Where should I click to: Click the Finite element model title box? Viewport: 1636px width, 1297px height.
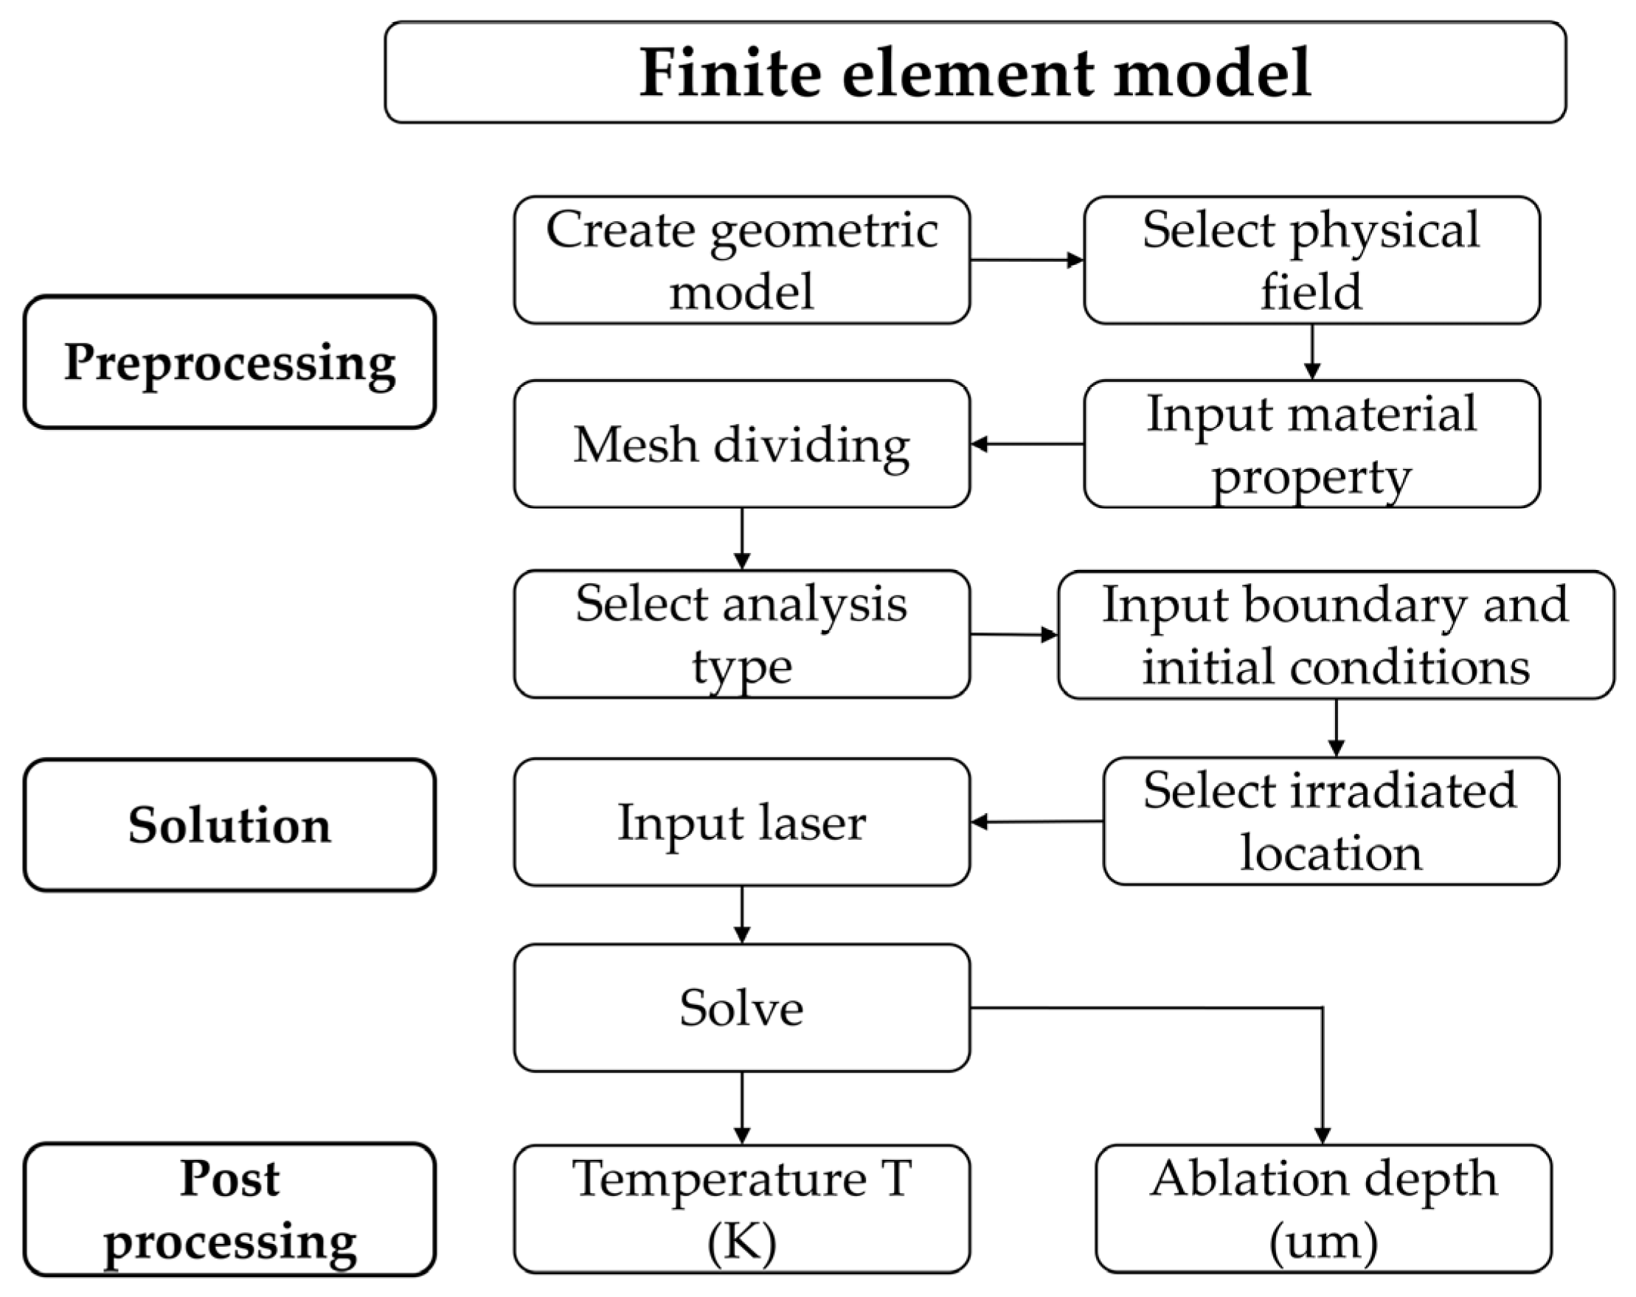point(975,72)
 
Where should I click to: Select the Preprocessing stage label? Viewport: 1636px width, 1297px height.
point(229,362)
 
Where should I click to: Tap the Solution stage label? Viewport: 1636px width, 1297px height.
point(229,824)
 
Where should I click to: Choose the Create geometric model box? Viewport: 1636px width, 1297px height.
point(741,260)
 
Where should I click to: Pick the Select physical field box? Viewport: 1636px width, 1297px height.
point(1311,260)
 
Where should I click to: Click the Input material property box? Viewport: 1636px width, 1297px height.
point(1311,444)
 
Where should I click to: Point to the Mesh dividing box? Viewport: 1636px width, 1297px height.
point(741,444)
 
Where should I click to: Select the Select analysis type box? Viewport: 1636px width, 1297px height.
point(741,634)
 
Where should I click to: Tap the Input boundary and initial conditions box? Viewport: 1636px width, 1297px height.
point(1336,635)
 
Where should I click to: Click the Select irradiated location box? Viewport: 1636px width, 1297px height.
point(1331,821)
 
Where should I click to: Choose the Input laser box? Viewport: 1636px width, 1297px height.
point(741,821)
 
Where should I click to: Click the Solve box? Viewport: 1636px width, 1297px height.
point(741,1007)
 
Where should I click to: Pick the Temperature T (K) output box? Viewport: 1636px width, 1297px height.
point(741,1209)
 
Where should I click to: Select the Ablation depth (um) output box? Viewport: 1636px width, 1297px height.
point(1323,1209)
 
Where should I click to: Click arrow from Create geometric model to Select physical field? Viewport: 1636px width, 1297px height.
point(1026,260)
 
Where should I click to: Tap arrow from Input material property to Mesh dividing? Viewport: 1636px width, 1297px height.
point(1026,444)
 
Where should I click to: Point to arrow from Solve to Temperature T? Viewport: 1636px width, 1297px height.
point(742,1107)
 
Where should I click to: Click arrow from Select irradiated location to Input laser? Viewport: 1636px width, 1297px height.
point(1036,821)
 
